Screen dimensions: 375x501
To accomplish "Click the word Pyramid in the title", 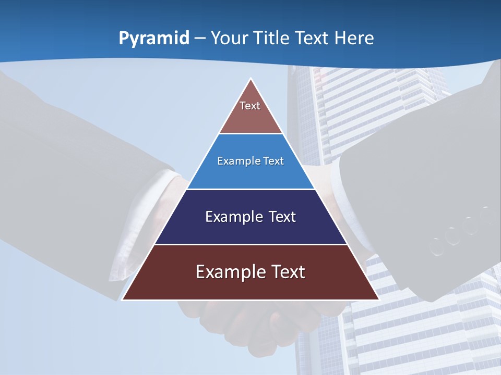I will (154, 39).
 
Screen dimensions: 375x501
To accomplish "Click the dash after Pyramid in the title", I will (200, 39).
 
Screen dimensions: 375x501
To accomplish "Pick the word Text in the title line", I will (313, 39).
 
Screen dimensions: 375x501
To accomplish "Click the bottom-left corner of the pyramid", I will (123, 299).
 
